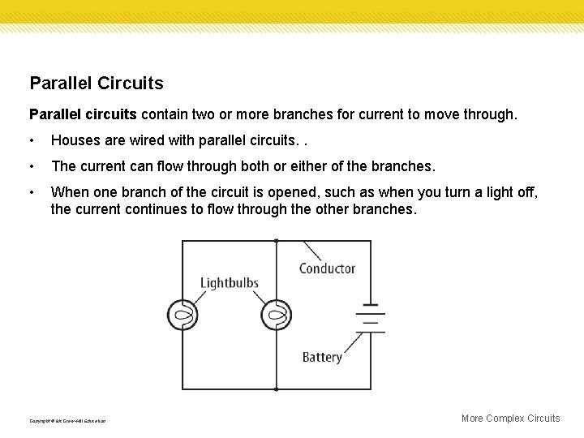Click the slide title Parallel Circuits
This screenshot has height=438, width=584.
[x=96, y=83]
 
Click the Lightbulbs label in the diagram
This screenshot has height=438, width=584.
[x=230, y=283]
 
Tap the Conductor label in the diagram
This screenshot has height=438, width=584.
[x=327, y=268]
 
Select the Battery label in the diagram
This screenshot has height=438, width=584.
[x=322, y=357]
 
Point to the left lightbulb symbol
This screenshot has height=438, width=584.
[x=183, y=314]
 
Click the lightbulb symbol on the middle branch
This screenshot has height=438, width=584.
[x=277, y=314]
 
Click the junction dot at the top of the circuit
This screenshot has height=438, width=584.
[x=277, y=240]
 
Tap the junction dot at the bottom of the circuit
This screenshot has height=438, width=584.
[x=277, y=388]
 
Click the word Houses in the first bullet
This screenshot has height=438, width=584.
[x=75, y=141]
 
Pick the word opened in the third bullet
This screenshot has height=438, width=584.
[x=260, y=191]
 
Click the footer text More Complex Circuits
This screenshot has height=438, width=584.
[x=510, y=419]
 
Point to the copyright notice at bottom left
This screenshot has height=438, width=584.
[x=67, y=421]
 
